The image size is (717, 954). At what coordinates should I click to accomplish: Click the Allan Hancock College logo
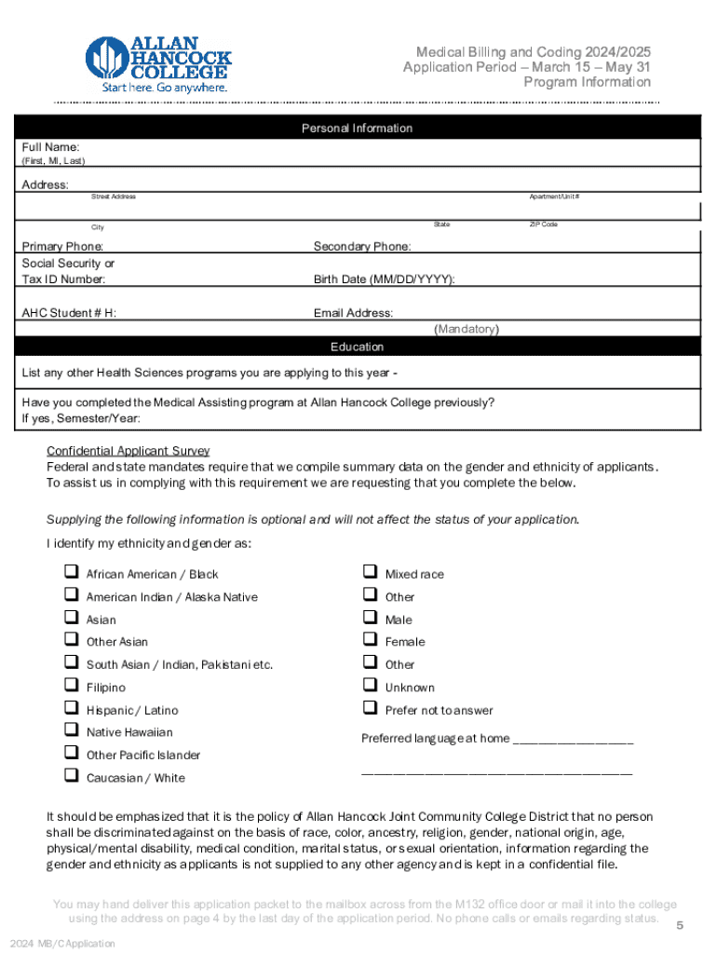point(157,63)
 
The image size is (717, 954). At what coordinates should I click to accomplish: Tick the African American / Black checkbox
point(70,572)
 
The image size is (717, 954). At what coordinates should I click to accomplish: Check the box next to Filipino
point(70,686)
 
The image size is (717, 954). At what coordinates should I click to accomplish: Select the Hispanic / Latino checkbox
point(70,709)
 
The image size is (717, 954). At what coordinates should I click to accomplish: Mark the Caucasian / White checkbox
point(70,776)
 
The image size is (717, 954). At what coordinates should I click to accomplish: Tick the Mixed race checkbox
point(369,572)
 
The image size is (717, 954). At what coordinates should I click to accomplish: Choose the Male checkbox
point(369,618)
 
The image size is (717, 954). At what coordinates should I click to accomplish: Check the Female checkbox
point(369,640)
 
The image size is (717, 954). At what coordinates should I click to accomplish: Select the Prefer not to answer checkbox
point(369,709)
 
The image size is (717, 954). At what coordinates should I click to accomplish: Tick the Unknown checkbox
point(369,686)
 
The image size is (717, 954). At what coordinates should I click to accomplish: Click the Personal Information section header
point(357,128)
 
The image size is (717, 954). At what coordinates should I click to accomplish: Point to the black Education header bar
point(357,347)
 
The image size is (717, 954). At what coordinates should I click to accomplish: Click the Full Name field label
point(51,147)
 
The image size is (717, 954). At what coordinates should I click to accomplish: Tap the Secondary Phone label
point(362,247)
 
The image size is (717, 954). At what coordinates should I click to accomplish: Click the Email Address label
point(353,313)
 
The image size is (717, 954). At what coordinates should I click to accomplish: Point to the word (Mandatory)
point(467,329)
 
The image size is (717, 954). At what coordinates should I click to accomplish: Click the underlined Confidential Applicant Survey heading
point(129,450)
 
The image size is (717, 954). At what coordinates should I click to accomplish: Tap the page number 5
point(680,925)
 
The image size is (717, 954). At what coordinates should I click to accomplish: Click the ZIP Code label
point(543,225)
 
